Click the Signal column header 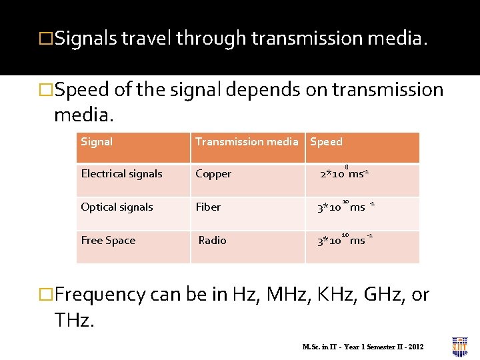tap(97, 141)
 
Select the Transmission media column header tap(247, 141)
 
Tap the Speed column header tap(327, 141)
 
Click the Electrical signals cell tap(121, 174)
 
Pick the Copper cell tap(213, 174)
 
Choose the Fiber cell tap(208, 207)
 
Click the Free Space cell tap(108, 240)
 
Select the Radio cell tap(212, 240)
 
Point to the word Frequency tap(101, 295)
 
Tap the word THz tap(74, 321)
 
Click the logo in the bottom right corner tap(460, 346)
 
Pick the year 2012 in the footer tap(415, 347)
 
